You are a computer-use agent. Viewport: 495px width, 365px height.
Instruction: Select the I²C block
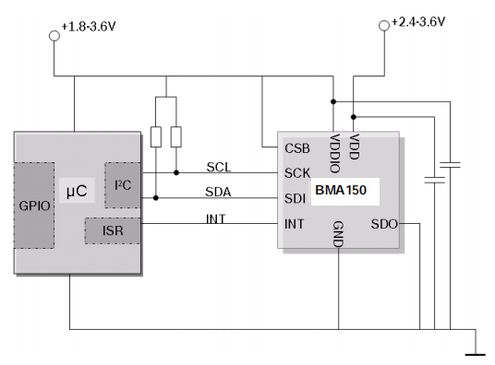coord(122,185)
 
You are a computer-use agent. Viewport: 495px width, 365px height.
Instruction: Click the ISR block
coord(112,230)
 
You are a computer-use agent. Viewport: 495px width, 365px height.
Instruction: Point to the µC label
coord(76,191)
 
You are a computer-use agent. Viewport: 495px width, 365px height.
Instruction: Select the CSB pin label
coord(297,147)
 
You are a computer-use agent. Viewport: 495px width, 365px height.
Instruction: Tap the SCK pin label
coord(297,172)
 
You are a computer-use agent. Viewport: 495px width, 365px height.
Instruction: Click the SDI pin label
coord(296,197)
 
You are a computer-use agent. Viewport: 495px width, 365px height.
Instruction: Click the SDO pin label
coord(384,223)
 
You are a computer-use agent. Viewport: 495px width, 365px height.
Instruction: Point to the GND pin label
coord(338,233)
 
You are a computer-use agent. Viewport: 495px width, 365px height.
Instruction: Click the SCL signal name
coord(219,166)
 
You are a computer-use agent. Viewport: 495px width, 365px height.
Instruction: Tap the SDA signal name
coord(219,192)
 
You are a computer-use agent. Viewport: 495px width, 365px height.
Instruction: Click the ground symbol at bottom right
coord(476,349)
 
